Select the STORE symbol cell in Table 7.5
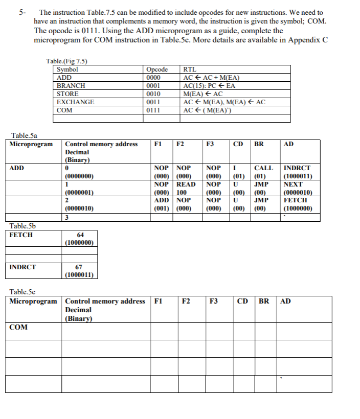67,94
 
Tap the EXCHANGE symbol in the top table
75,102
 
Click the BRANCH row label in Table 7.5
71,86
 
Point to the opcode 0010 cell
153,94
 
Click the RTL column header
189,70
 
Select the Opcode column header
157,70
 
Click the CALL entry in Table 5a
263,168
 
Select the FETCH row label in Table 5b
21,235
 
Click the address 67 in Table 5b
80,267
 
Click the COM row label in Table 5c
18,327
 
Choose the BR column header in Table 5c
264,301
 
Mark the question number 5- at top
22,12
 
